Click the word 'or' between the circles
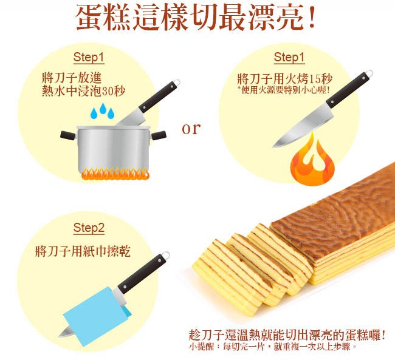click(x=191, y=129)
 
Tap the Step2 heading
click(x=89, y=228)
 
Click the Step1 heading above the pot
click(x=89, y=58)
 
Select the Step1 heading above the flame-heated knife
click(x=289, y=58)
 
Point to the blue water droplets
click(x=103, y=110)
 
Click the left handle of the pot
click(x=68, y=135)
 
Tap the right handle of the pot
click(x=159, y=135)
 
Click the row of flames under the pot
click(x=115, y=173)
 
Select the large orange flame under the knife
click(x=312, y=161)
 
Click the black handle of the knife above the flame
click(x=348, y=90)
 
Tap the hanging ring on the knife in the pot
click(x=177, y=83)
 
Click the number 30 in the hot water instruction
click(x=108, y=91)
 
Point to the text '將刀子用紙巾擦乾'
click(x=83, y=251)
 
